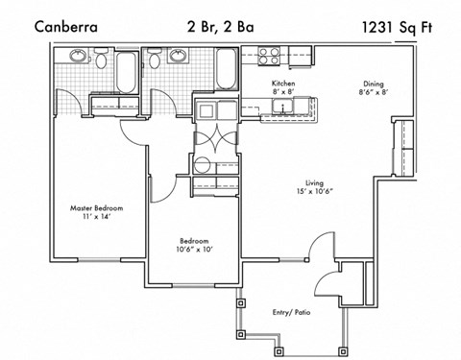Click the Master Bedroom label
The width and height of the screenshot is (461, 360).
pos(96,206)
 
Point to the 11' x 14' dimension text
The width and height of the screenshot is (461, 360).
pos(96,217)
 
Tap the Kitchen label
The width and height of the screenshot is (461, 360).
pos(282,84)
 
